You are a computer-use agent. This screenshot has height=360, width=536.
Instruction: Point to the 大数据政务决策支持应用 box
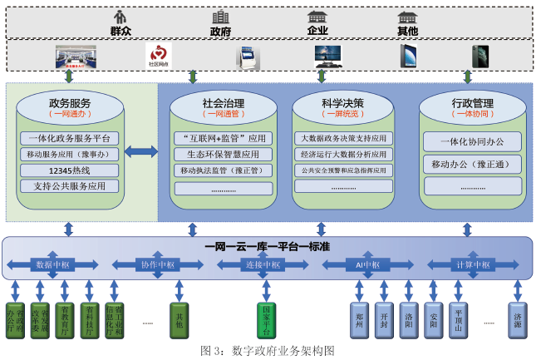pyautogui.click(x=343, y=139)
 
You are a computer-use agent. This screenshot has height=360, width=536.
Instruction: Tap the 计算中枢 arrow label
pyautogui.click(x=465, y=264)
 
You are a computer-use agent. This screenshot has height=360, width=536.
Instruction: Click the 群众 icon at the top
pyautogui.click(x=121, y=17)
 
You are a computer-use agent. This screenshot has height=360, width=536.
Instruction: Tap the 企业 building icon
pyautogui.click(x=317, y=17)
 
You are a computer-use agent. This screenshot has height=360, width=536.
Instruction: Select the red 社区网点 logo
pyautogui.click(x=159, y=57)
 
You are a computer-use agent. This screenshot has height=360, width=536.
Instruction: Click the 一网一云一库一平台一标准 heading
pyautogui.click(x=268, y=247)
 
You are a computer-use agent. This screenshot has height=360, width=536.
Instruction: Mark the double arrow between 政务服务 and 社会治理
pyautogui.click(x=140, y=151)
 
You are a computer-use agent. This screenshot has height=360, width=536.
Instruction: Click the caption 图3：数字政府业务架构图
pyautogui.click(x=268, y=351)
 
